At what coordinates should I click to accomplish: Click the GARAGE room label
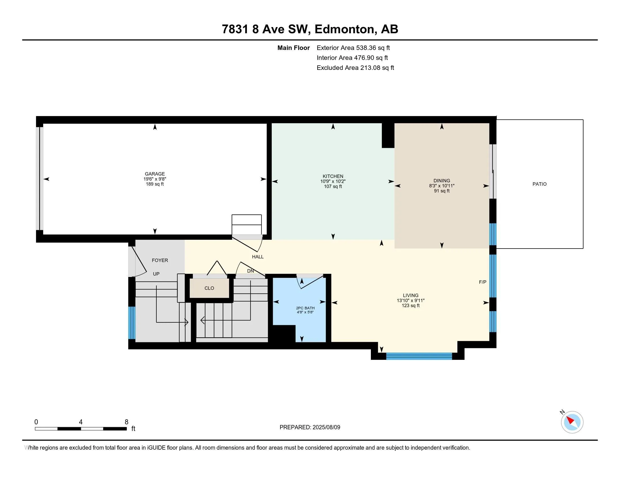pos(155,174)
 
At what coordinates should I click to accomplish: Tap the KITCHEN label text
pos(333,176)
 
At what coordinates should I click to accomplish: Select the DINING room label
pos(442,181)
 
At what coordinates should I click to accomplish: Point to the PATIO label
pos(539,184)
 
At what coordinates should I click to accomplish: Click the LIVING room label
pos(411,295)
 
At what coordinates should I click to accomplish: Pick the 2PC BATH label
pos(305,308)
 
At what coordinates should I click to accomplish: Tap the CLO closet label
pos(209,288)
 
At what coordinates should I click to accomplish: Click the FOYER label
pos(160,260)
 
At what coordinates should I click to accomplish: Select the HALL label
pos(258,257)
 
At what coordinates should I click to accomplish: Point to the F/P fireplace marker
pos(482,282)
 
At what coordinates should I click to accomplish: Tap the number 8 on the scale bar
pos(127,422)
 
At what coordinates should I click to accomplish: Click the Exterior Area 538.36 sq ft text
pos(353,48)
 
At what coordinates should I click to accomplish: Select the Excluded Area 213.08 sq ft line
pos(355,68)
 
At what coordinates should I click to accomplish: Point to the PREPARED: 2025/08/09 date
pos(310,427)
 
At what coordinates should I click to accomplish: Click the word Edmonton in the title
pos(344,29)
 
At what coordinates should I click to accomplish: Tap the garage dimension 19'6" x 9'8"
pos(155,179)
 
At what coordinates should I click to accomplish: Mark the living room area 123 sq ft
pos(411,306)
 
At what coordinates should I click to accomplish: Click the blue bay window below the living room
pos(419,356)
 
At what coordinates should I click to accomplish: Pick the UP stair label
pos(156,274)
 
